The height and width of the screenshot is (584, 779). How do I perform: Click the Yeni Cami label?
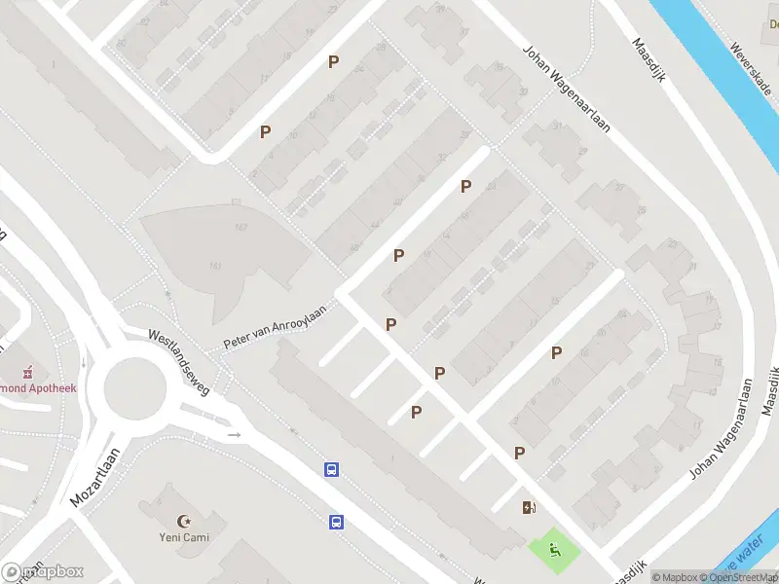(184, 537)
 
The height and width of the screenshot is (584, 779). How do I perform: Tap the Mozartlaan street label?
(94, 477)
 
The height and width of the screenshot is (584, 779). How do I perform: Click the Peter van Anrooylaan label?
(274, 325)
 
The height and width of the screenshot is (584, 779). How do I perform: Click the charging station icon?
(529, 507)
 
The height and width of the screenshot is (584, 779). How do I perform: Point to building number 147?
(240, 229)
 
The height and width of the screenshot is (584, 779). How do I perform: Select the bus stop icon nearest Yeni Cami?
(336, 522)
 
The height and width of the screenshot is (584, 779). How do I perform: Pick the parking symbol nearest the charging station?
(519, 453)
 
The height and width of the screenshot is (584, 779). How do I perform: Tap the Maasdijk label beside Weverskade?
(648, 60)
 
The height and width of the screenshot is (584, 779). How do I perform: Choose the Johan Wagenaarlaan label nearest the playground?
(722, 429)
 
